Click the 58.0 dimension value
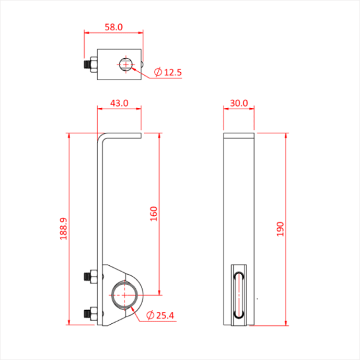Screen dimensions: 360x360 tap(113, 28)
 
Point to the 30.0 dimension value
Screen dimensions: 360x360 tap(239, 103)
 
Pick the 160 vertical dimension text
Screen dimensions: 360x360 tap(153, 214)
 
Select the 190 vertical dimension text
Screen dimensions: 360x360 tap(280, 229)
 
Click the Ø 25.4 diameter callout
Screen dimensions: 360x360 tap(159, 315)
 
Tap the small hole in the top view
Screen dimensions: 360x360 tap(126, 64)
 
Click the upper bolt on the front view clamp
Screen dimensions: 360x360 tap(90, 277)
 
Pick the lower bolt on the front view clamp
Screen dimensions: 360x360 tap(90, 313)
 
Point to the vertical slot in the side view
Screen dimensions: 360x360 tap(239, 294)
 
